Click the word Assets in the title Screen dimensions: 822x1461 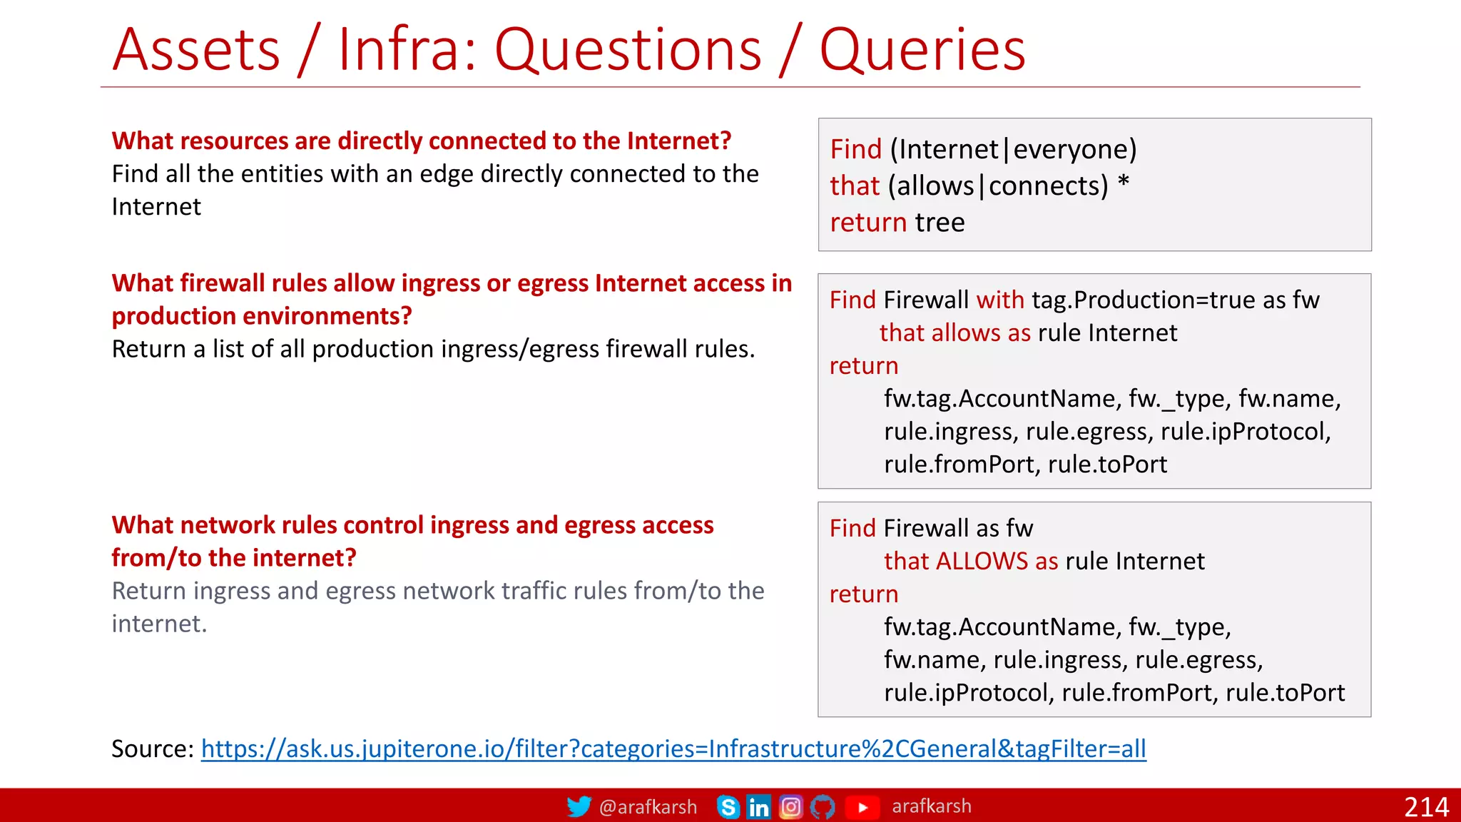197,50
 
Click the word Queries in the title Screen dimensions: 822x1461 922,50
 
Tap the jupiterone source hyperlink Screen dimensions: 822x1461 673,749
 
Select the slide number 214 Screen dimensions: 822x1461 1426,807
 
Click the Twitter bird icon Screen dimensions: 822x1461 579,806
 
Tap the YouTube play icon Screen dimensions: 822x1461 862,807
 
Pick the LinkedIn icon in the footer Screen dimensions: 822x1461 758,807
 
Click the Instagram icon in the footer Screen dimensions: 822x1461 790,807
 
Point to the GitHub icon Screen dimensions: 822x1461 823,807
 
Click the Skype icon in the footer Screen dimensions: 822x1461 728,807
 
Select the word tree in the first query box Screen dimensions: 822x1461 940,223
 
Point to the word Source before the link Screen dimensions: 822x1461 148,749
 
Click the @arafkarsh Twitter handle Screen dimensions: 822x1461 648,807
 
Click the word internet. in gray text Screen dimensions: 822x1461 159,624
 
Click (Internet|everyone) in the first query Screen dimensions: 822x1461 1013,149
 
